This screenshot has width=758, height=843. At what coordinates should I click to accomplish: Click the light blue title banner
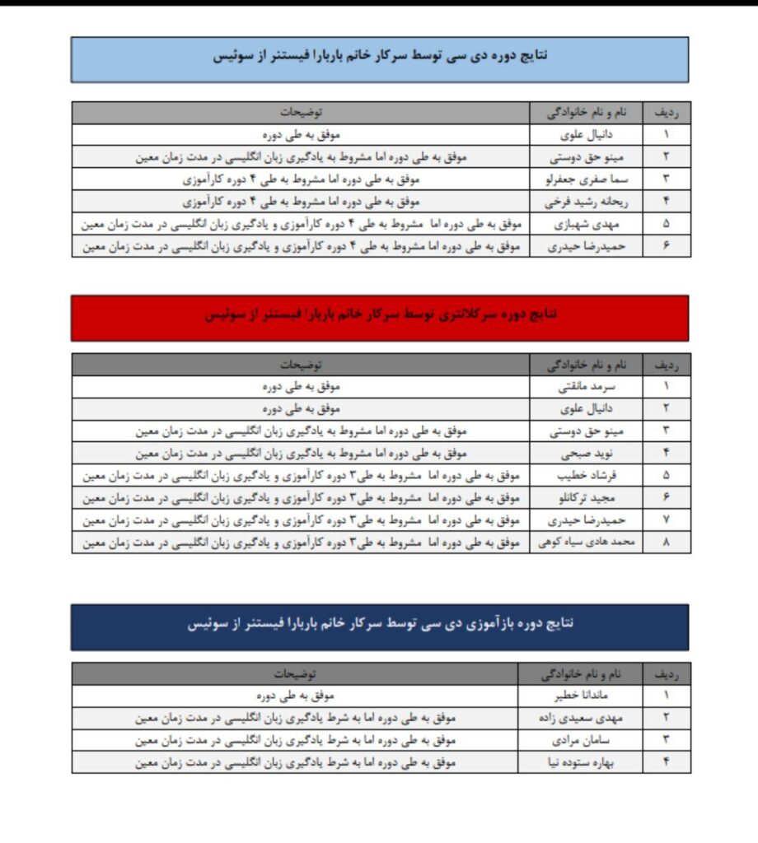click(380, 58)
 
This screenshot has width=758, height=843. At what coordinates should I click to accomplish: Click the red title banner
click(380, 317)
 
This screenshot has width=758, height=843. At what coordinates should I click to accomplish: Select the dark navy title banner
click(380, 626)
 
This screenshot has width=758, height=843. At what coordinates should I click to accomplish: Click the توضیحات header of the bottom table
click(295, 673)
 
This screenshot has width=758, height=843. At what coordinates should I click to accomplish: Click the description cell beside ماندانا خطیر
click(295, 695)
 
